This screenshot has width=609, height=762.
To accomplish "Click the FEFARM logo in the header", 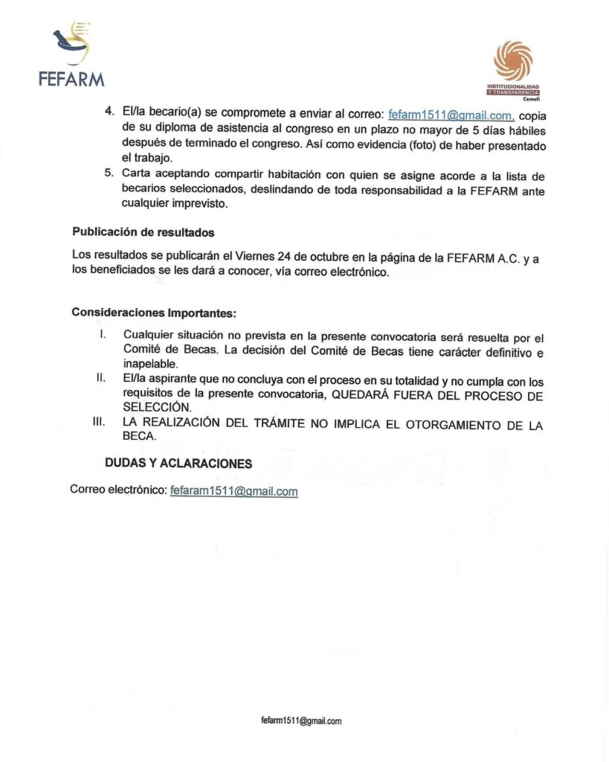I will point(71,56).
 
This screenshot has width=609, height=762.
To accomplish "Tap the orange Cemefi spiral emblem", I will point(513,60).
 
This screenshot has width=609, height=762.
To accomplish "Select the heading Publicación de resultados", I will point(143,232).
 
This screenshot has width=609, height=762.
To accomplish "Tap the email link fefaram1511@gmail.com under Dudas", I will point(233,491).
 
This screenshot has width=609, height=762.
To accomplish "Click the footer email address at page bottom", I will point(301,721).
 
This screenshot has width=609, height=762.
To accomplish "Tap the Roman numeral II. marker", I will point(100,378).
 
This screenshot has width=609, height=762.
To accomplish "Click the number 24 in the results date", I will point(274,257).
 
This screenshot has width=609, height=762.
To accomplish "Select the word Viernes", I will point(245,257).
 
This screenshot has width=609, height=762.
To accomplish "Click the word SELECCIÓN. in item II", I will point(158,409).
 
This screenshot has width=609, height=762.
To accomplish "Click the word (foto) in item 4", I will point(428,144).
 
